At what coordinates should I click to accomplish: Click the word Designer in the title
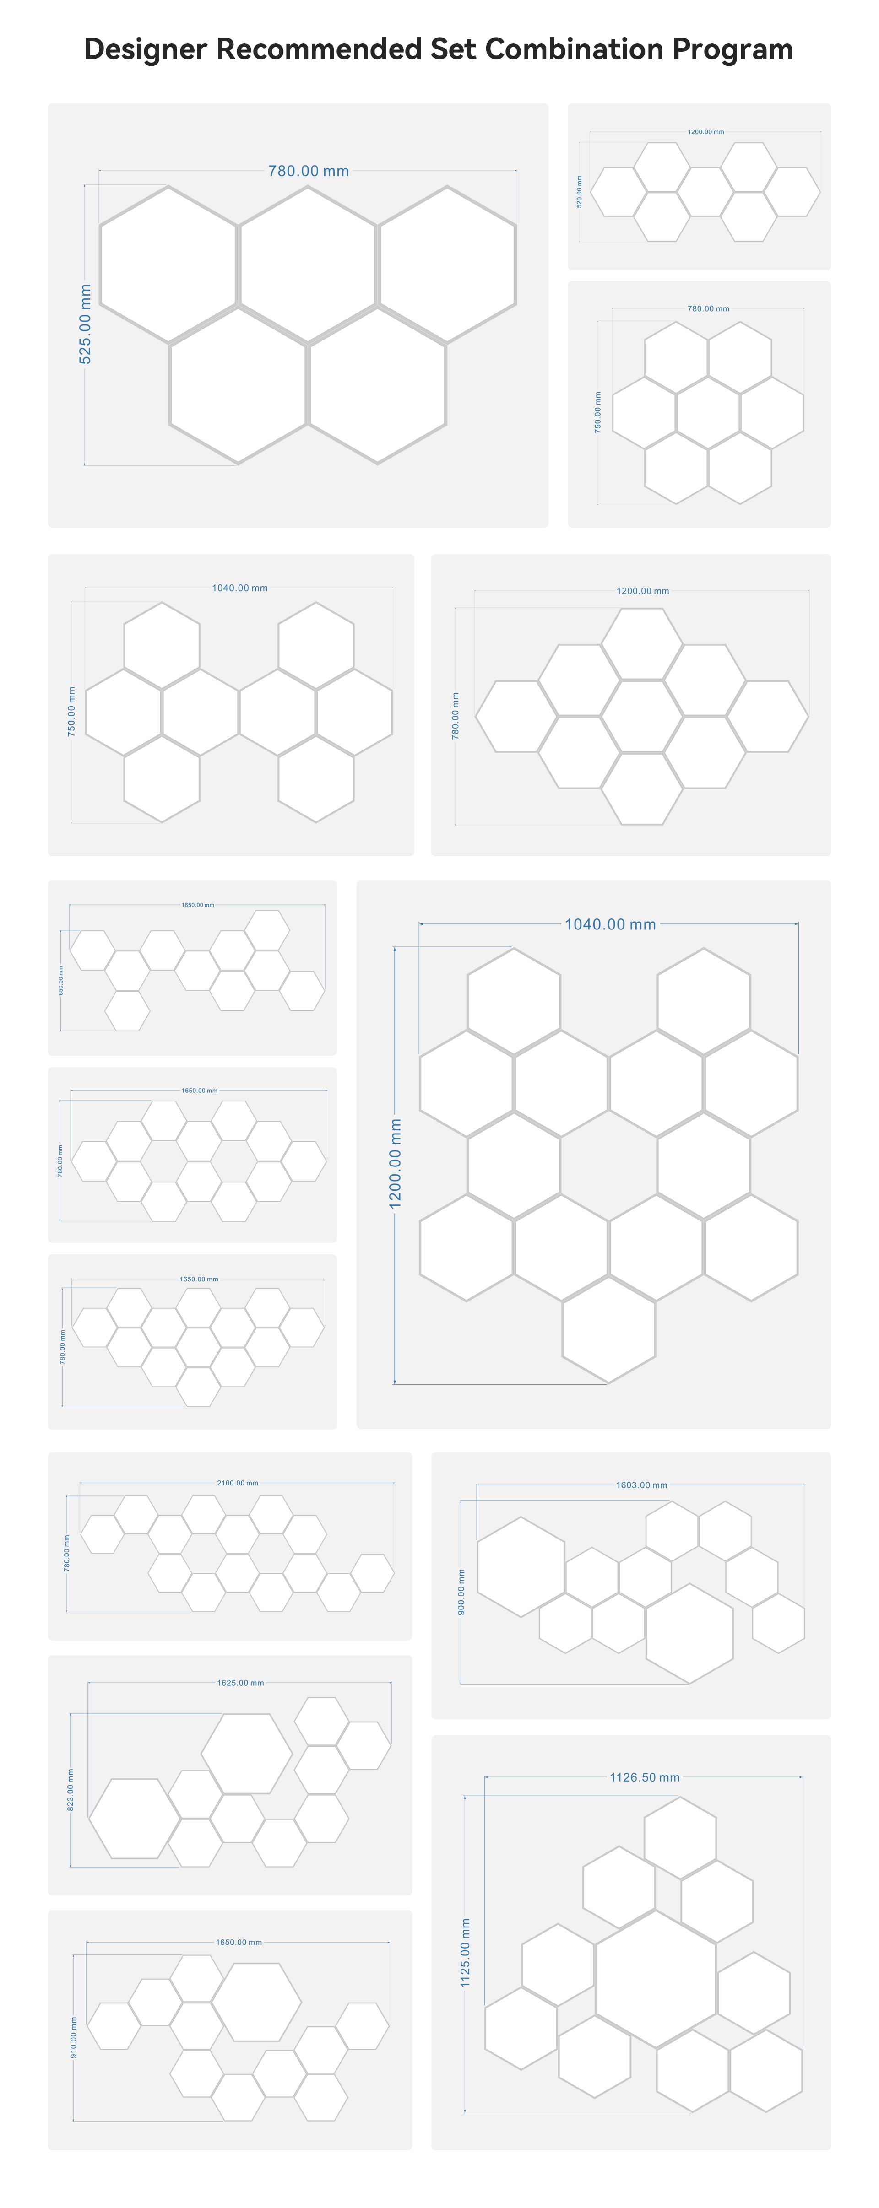coord(146,50)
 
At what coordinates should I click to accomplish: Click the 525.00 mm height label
coord(85,324)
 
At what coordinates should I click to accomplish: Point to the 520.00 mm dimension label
coord(579,191)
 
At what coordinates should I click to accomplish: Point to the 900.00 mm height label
coord(461,1593)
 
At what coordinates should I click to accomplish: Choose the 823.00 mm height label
coord(71,1790)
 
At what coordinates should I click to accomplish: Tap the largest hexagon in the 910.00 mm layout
coord(256,2002)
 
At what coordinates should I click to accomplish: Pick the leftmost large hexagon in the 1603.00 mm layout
coord(521,1567)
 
